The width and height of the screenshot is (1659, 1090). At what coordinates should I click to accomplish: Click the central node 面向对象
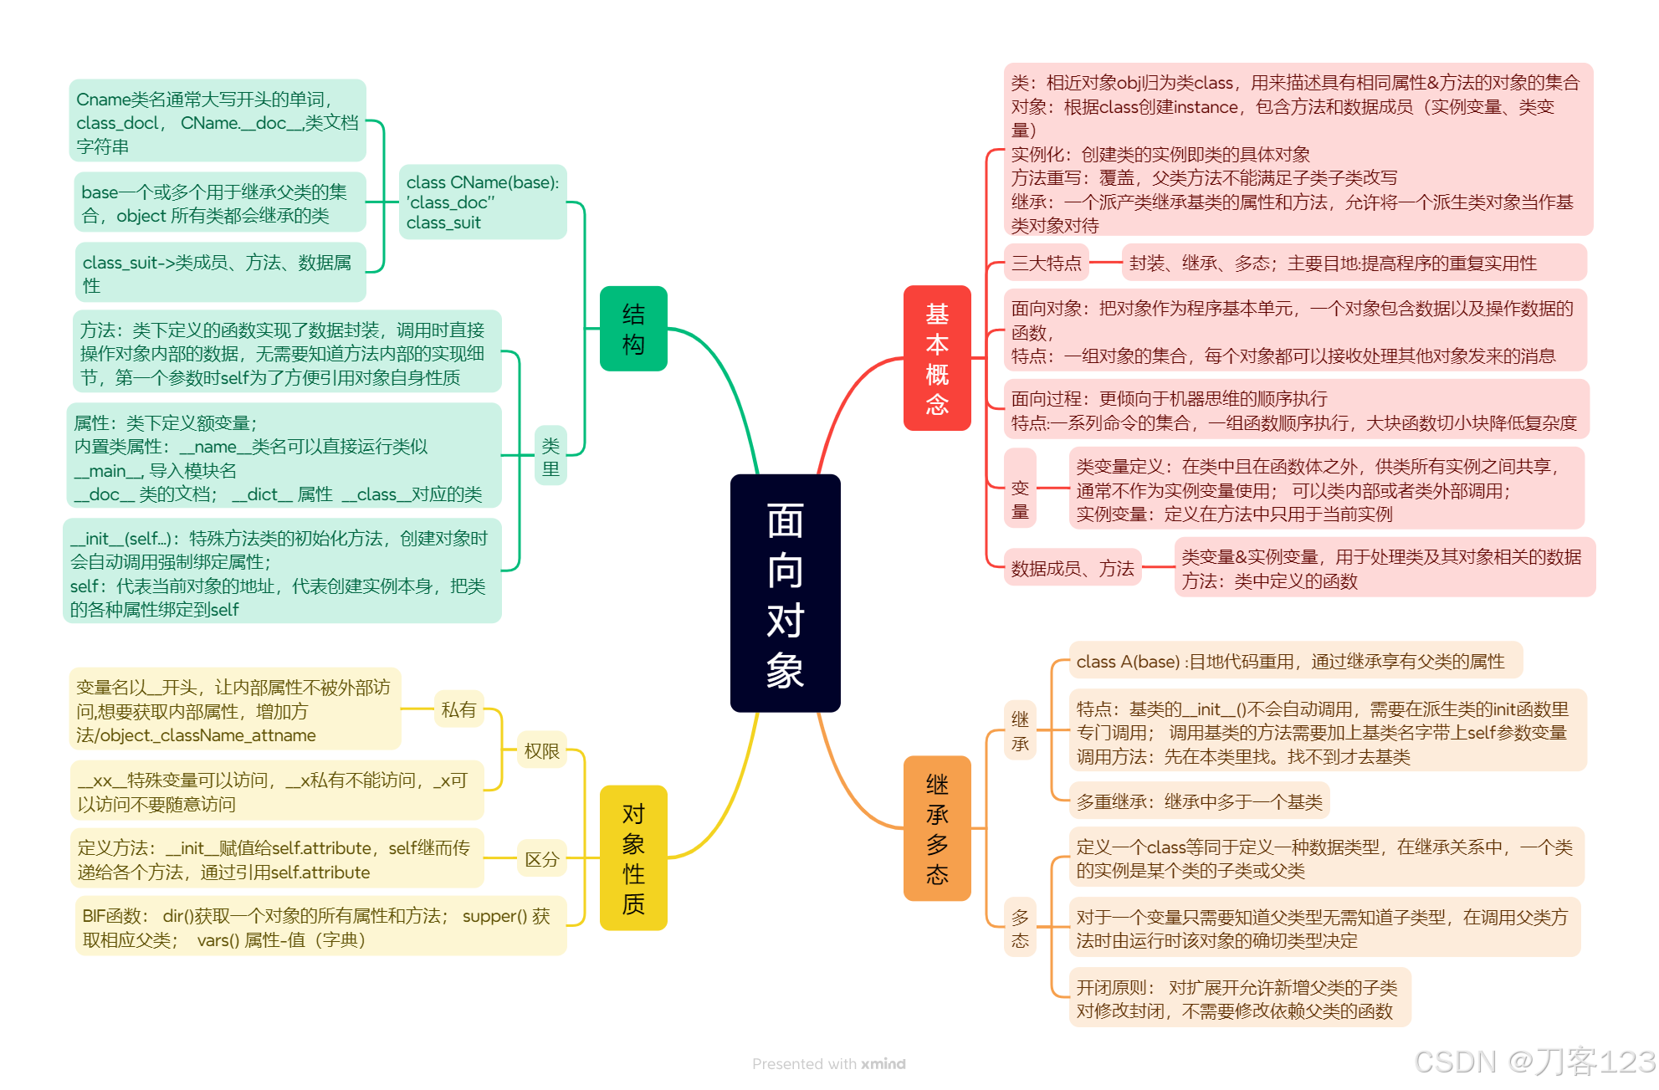785,593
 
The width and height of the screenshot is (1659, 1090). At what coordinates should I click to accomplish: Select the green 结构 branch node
633,329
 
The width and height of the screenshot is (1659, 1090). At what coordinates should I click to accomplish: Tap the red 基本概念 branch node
937,358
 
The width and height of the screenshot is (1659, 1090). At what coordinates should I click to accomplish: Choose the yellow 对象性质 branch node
633,857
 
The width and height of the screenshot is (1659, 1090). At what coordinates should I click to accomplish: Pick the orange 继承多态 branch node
937,828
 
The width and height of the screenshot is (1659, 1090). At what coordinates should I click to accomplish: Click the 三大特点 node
1046,264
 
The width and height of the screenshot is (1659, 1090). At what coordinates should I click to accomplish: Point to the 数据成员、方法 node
1073,569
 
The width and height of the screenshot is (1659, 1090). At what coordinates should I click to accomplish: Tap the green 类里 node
550,457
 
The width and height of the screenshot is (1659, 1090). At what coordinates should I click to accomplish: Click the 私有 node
458,710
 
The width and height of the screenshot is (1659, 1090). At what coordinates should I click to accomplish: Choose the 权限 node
541,751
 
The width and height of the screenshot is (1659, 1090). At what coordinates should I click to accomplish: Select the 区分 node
541,859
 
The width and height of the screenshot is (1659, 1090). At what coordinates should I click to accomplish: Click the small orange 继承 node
1020,731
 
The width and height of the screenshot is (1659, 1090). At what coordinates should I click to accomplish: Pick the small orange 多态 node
1020,929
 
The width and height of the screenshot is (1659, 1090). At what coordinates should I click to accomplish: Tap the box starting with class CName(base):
483,202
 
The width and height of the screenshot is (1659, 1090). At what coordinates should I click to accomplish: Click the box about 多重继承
1199,802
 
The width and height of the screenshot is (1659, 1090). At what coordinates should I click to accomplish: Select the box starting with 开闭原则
1239,999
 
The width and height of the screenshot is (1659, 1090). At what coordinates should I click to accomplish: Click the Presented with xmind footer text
828,1064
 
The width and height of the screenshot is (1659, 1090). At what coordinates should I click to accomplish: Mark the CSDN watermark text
1534,1062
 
